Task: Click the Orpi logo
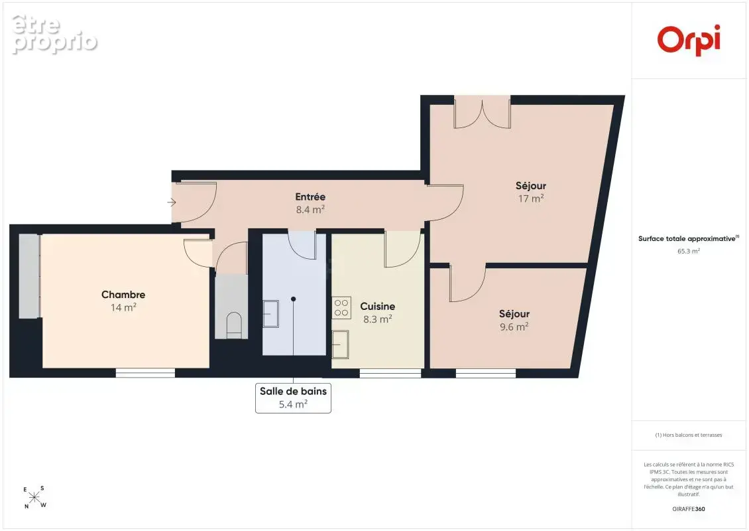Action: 688,40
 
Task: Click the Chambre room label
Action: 123,295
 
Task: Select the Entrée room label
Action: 310,196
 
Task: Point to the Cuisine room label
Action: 377,306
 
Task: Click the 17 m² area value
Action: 531,198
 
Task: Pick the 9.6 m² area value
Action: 514,327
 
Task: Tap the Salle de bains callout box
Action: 293,398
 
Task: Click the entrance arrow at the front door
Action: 172,202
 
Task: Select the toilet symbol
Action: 233,325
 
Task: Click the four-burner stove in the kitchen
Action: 341,307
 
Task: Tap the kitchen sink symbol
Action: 341,344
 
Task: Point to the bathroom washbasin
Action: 271,314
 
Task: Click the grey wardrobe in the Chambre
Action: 29,276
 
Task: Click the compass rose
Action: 35,497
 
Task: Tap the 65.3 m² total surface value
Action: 688,251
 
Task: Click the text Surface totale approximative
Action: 687,239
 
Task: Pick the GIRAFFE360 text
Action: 688,509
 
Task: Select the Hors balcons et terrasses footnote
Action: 688,435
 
